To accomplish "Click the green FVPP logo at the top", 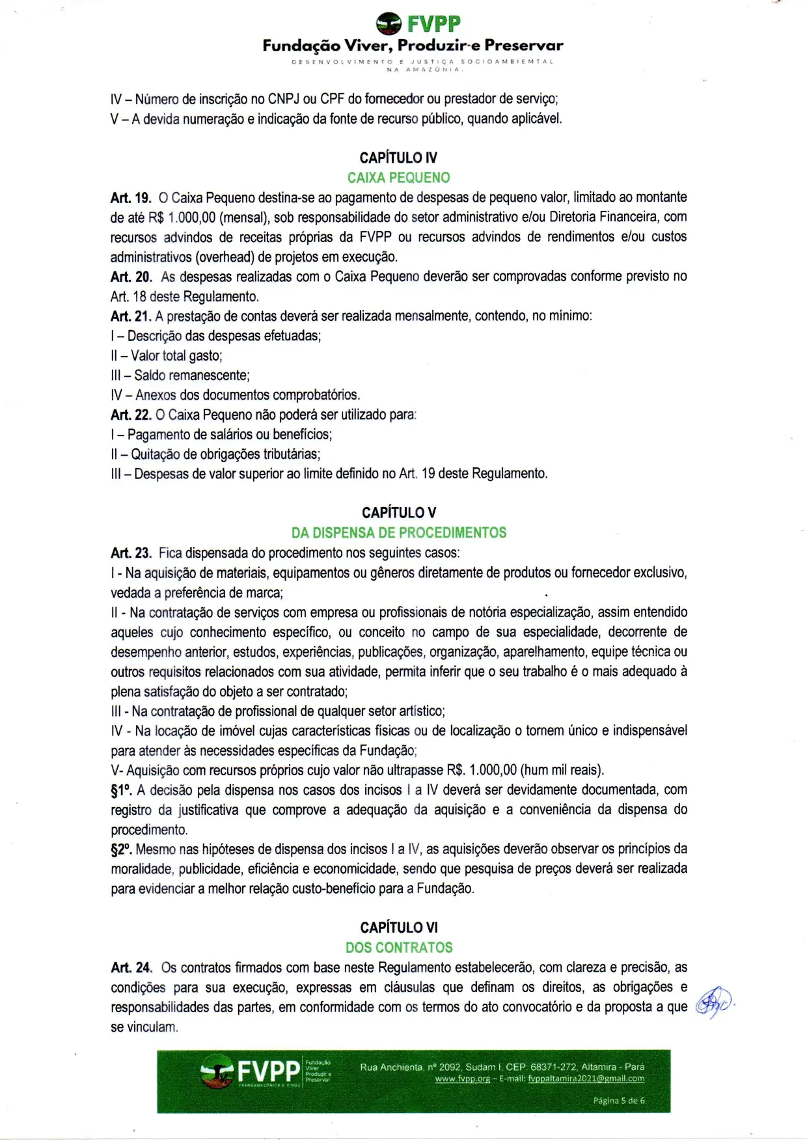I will pyautogui.click(x=418, y=24).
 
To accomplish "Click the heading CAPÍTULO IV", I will pyautogui.click(x=398, y=158).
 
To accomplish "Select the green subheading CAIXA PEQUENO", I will pyautogui.click(x=398, y=178).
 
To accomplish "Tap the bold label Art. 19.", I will pyautogui.click(x=131, y=197).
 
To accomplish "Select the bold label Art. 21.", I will pyautogui.click(x=131, y=316).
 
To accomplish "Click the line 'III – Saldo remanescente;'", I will pyautogui.click(x=180, y=376).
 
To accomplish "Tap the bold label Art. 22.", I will pyautogui.click(x=131, y=415).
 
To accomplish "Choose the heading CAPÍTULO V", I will pyautogui.click(x=399, y=513).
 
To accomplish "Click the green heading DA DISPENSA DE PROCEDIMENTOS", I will pyautogui.click(x=398, y=532).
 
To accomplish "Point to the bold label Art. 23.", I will pyautogui.click(x=131, y=553).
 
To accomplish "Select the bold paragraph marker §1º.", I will pyautogui.click(x=122, y=790).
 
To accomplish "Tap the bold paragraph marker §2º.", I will pyautogui.click(x=122, y=849).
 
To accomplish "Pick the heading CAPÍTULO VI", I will pyautogui.click(x=399, y=928).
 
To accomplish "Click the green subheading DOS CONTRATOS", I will pyautogui.click(x=399, y=948).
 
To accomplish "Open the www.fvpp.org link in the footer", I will pyautogui.click(x=462, y=1079).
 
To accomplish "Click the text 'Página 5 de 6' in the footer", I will pyautogui.click(x=618, y=1101).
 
